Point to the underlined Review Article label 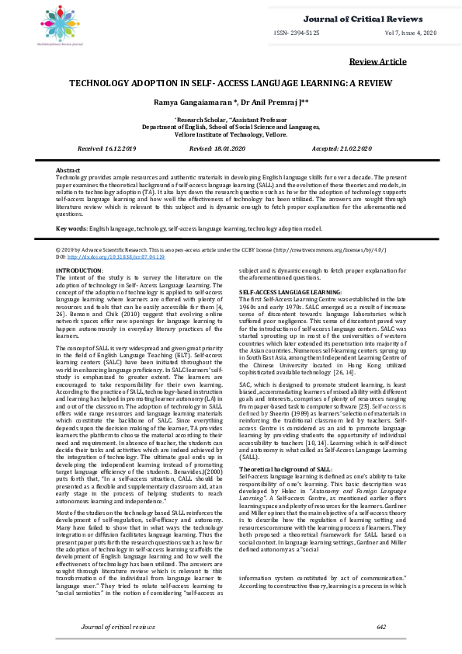coord(377,61)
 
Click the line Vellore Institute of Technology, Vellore coord(231,134)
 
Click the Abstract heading coord(68,169)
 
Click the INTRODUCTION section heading coord(78,270)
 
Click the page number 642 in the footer coord(380,626)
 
